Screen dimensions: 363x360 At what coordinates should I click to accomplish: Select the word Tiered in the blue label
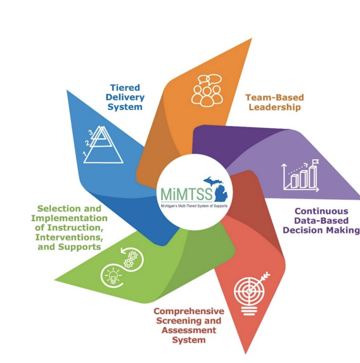click(x=126, y=87)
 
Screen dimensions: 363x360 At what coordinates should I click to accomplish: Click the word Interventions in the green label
click(x=73, y=237)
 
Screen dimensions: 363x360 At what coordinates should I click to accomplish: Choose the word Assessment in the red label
click(x=189, y=330)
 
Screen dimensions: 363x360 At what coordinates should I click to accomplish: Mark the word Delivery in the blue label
click(x=127, y=97)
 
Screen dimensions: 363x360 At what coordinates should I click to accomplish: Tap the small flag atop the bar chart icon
click(x=315, y=163)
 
